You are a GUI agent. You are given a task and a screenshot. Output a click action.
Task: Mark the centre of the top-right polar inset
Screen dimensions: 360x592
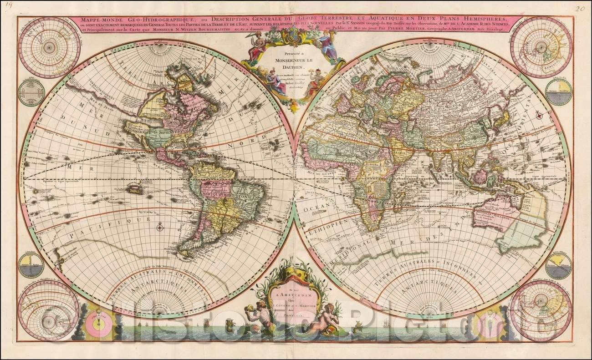[541, 47]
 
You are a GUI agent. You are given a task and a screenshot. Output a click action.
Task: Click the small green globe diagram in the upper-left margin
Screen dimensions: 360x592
[31, 92]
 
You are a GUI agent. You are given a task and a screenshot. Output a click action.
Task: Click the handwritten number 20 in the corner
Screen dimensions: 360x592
[580, 8]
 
